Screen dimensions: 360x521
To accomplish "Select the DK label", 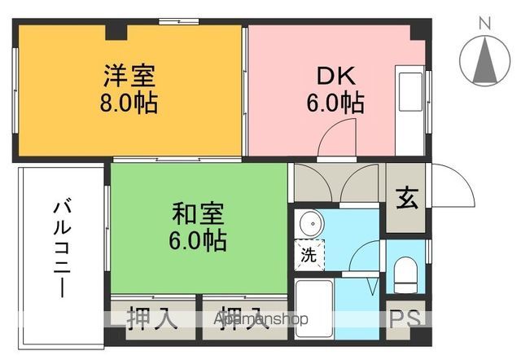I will pos(334,76).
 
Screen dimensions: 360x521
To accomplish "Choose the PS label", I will pos(405,320).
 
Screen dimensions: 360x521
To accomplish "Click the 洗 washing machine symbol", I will pos(309,253).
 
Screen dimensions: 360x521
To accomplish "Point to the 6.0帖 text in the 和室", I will pos(199,241).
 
